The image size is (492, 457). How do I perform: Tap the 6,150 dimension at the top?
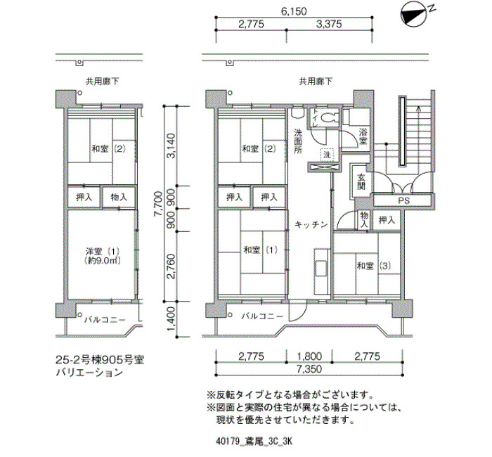[294, 11]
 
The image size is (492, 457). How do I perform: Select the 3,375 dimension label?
[329, 24]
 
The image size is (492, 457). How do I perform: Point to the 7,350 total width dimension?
[309, 369]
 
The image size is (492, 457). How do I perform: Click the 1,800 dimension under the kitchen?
[309, 356]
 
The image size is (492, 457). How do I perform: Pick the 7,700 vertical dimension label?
[158, 204]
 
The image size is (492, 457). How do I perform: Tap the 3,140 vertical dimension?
[171, 146]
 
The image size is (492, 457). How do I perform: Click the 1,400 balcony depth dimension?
[171, 319]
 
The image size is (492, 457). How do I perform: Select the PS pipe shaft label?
[404, 200]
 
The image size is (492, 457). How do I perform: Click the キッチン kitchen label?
[311, 224]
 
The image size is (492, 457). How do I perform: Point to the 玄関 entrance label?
[361, 181]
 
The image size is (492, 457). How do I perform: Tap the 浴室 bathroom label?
[363, 136]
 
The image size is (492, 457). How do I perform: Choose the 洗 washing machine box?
[327, 155]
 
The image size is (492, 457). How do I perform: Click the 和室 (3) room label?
[374, 266]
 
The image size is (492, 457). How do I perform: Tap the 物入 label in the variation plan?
[119, 197]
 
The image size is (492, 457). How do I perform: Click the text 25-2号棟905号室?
[100, 360]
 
